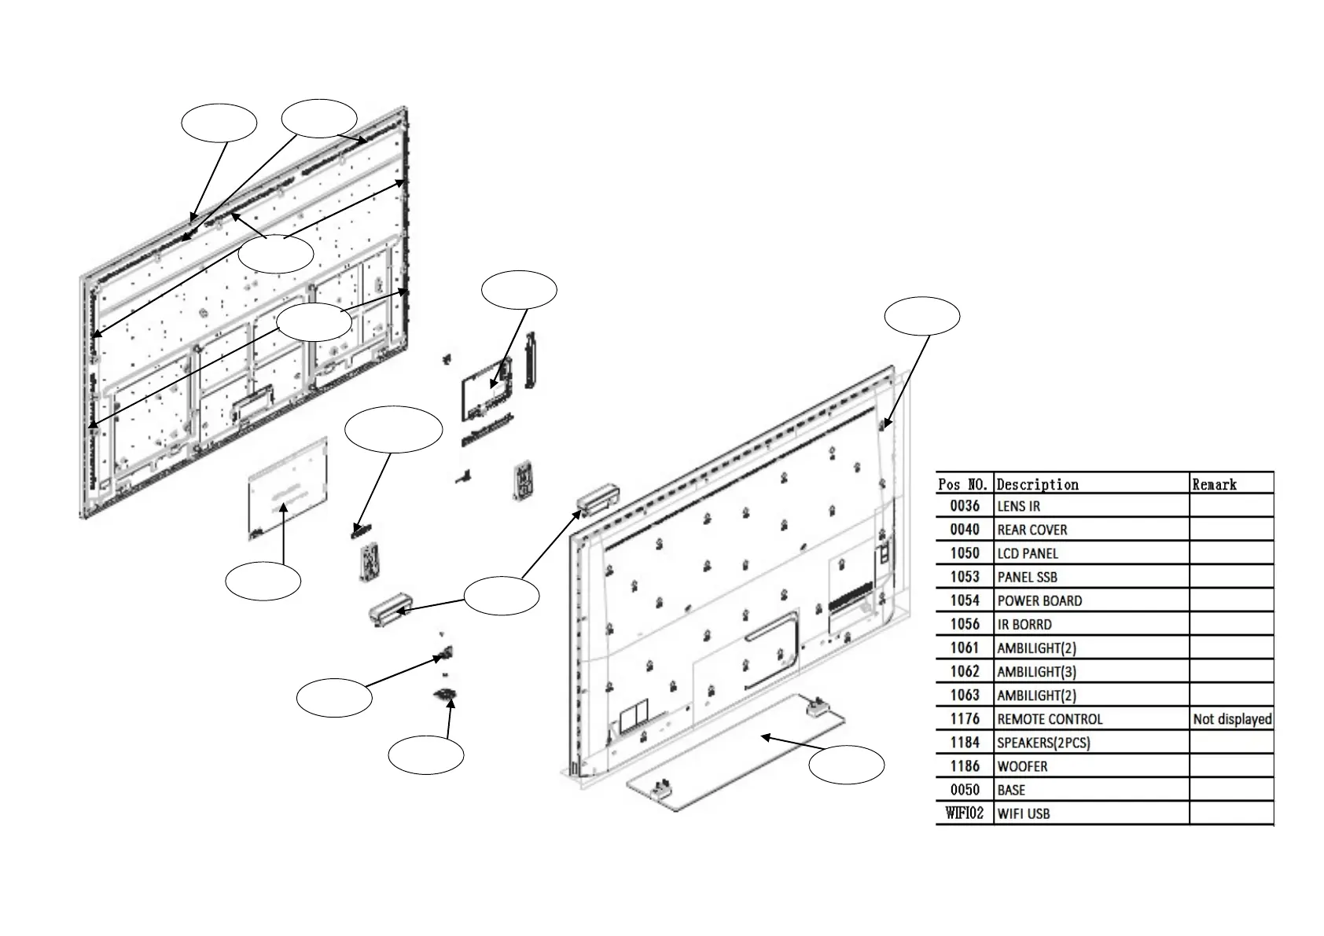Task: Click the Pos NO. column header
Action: [964, 484]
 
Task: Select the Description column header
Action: [1037, 484]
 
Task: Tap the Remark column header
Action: [1214, 484]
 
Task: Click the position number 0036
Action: [965, 506]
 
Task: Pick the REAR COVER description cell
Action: [1032, 530]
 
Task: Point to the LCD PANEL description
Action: [1028, 553]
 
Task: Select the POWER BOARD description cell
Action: [1039, 600]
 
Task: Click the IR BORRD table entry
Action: [1024, 624]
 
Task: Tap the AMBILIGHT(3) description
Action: [1036, 672]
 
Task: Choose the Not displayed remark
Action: [1232, 719]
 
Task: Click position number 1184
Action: [965, 743]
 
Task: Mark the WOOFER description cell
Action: [1022, 766]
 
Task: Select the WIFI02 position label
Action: [965, 813]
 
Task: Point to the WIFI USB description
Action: [1023, 813]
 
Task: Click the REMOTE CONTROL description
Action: [1050, 719]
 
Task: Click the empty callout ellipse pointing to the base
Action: [846, 765]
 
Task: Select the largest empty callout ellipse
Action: [394, 429]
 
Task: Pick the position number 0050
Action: [965, 790]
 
